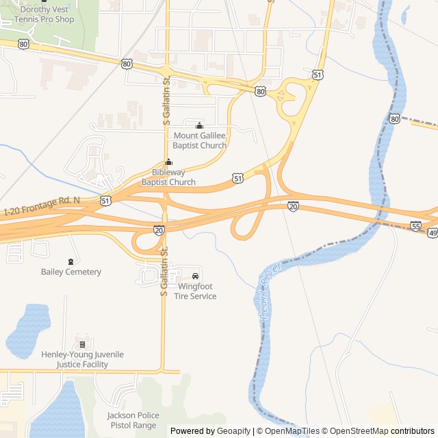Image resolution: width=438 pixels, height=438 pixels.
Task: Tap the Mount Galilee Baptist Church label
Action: click(199, 140)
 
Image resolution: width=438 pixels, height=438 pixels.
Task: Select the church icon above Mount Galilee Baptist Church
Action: click(199, 126)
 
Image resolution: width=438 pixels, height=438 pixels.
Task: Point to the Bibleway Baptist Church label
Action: click(168, 177)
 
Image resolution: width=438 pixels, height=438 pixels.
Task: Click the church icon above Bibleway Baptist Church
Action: click(168, 163)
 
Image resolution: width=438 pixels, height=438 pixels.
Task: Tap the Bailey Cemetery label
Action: click(70, 272)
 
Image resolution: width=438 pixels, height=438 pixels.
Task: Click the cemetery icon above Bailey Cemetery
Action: click(70, 261)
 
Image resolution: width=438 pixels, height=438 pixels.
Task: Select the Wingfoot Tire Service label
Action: click(195, 292)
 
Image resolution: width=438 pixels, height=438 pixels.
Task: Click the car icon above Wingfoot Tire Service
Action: click(195, 276)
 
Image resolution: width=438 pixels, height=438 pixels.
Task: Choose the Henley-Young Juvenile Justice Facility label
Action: click(82, 359)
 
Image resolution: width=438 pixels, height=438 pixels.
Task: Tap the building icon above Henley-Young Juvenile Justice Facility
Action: click(82, 344)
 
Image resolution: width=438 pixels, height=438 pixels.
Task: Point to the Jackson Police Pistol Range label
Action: click(133, 420)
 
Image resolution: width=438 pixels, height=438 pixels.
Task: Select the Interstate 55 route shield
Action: click(416, 226)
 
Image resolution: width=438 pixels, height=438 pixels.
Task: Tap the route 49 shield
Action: click(432, 233)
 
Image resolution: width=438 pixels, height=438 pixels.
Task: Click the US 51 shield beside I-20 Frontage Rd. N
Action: click(105, 201)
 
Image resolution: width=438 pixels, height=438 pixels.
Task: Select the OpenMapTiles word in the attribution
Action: click(292, 431)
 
